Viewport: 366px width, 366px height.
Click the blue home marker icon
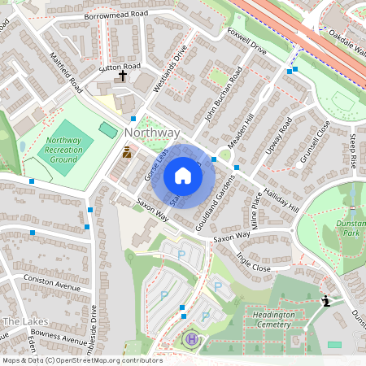[x=183, y=176]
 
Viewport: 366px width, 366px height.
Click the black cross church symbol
[x=124, y=76]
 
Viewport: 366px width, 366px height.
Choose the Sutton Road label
[x=120, y=66]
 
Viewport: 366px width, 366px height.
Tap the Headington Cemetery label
[x=273, y=320]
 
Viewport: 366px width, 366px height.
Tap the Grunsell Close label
[x=314, y=142]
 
